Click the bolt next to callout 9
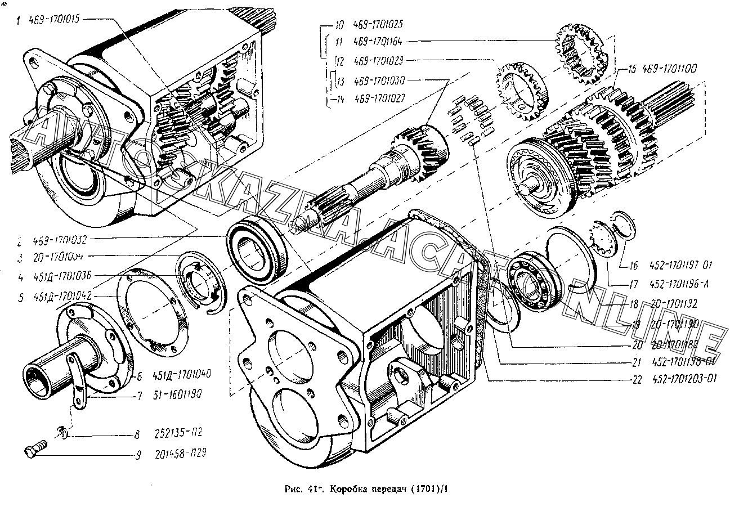tap(35, 450)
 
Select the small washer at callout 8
tap(63, 432)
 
